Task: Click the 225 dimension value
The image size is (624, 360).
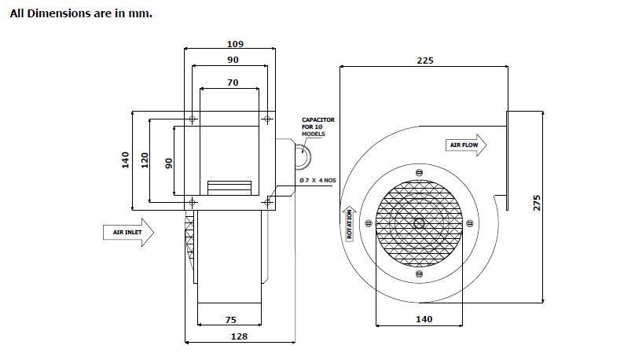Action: tap(425, 61)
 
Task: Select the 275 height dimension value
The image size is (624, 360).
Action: tap(537, 203)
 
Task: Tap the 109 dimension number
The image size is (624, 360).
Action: tap(235, 44)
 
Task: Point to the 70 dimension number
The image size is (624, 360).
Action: tap(233, 83)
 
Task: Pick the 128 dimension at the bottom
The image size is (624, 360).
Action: tap(239, 336)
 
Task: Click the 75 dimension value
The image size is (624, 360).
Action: tap(231, 320)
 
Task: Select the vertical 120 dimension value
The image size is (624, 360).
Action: tap(145, 160)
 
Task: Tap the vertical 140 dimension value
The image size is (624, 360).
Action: tap(126, 160)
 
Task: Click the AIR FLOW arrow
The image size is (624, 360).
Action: tap(466, 145)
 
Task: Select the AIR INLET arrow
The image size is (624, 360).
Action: tap(129, 232)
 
